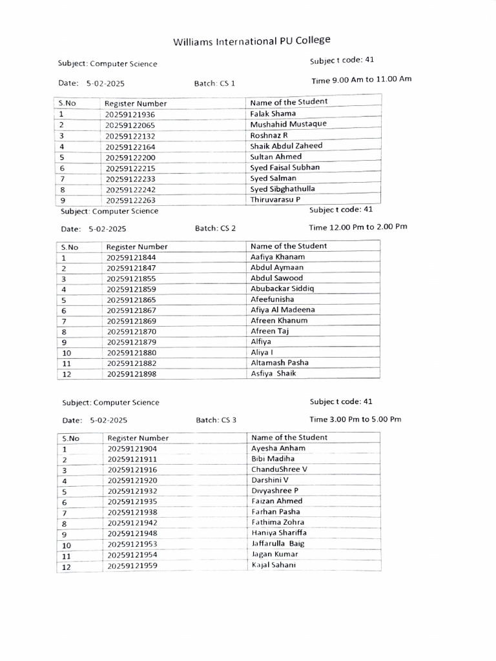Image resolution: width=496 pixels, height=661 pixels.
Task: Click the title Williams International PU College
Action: [x=251, y=41]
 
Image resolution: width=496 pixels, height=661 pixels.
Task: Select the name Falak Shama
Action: [x=273, y=114]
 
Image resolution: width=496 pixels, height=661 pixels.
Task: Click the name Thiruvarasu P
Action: [x=275, y=199]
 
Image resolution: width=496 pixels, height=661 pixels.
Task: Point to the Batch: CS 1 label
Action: [x=214, y=84]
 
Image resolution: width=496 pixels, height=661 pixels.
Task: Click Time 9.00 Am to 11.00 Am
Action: [x=361, y=80]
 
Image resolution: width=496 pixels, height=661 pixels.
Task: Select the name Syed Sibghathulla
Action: [x=283, y=188]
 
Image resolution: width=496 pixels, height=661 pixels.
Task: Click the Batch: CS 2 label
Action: [x=215, y=229]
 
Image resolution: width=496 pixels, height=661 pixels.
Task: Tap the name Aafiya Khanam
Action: [x=278, y=257]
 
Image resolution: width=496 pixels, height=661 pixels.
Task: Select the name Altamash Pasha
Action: [x=280, y=363]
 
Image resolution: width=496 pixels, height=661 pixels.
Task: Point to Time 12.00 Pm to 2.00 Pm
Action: [x=358, y=227]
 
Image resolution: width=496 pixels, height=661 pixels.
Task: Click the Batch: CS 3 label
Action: [x=216, y=420]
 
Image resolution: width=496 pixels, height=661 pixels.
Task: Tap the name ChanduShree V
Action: [x=280, y=469]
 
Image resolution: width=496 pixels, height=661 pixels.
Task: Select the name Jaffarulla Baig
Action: [x=278, y=544]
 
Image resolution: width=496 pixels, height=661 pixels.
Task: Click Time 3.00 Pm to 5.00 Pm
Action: [x=355, y=419]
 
